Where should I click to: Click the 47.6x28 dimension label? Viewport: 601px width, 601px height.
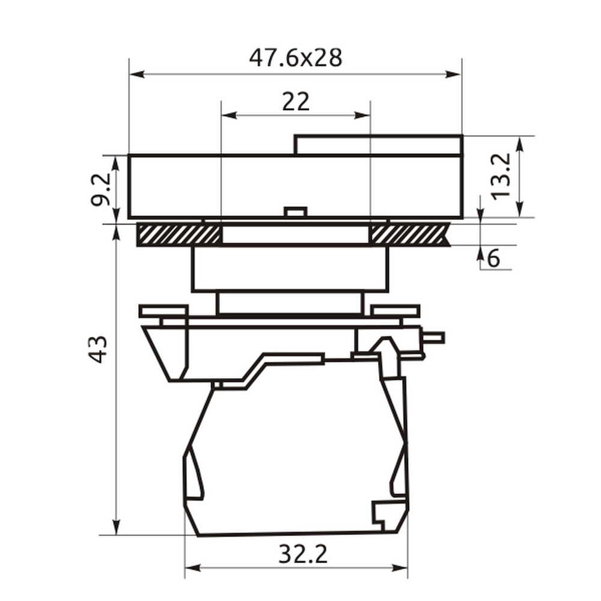click(296, 58)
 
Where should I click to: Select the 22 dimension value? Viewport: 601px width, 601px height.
click(296, 102)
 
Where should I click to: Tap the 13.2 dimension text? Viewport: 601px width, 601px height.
click(501, 176)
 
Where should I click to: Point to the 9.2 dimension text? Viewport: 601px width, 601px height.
click(101, 189)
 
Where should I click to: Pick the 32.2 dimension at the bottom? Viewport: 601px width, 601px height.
click(303, 554)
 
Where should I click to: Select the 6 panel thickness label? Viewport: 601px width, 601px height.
click(493, 258)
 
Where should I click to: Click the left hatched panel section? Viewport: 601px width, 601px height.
click(179, 234)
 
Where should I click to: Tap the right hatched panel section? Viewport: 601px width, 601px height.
click(409, 234)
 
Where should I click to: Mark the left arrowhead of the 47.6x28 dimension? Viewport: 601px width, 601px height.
click(137, 74)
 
